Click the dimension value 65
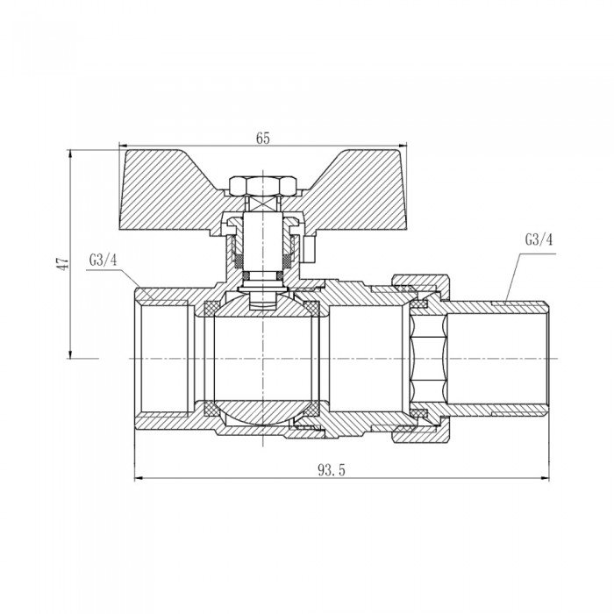coord(263,139)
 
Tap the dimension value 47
coord(62,263)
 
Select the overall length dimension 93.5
coord(332,469)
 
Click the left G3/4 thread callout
coord(103,260)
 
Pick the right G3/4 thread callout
coord(539,239)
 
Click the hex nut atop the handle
coord(262,186)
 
